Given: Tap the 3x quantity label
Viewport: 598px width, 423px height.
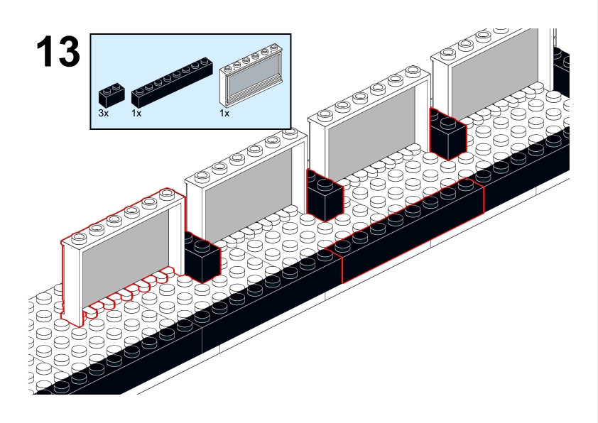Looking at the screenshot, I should tap(104, 114).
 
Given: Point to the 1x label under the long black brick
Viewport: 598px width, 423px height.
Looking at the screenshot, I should tap(136, 114).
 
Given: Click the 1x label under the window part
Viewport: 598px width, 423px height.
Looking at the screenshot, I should tap(224, 114).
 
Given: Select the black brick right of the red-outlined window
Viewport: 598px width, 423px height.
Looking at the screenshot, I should tap(201, 258).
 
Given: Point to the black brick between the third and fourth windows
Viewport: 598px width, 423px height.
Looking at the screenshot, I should tap(447, 135).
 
